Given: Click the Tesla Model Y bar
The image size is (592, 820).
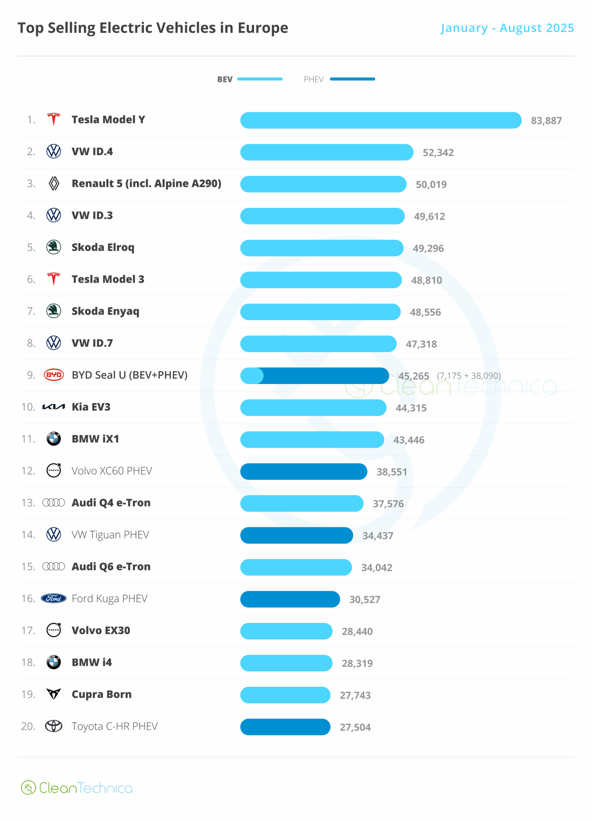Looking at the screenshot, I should pyautogui.click(x=381, y=120).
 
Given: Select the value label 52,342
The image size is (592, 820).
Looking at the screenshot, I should pyautogui.click(x=438, y=152).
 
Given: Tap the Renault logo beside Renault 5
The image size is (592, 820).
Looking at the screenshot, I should pyautogui.click(x=54, y=183).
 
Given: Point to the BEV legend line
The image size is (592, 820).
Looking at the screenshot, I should pyautogui.click(x=259, y=79).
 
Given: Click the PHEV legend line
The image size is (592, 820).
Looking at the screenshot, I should pyautogui.click(x=353, y=79).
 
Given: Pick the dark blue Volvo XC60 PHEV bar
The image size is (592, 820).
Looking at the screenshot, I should pyautogui.click(x=304, y=471).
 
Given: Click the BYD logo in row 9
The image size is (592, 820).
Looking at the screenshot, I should pyautogui.click(x=54, y=375).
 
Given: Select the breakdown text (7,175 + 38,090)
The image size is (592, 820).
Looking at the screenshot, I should pyautogui.click(x=469, y=376).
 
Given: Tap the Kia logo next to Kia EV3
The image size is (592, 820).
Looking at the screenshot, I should pyautogui.click(x=54, y=407).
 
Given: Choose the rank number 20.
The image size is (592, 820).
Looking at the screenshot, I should pyautogui.click(x=28, y=726).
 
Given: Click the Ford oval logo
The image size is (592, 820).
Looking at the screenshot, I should pyautogui.click(x=54, y=598).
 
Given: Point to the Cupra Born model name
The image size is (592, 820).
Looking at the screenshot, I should pyautogui.click(x=101, y=694).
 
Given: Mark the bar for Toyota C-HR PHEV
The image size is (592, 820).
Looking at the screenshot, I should pyautogui.click(x=285, y=727).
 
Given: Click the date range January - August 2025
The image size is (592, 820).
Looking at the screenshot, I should pyautogui.click(x=507, y=28).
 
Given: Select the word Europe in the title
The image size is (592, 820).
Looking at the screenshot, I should pyautogui.click(x=263, y=28).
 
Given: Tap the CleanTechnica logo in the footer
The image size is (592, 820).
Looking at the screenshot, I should pyautogui.click(x=77, y=788).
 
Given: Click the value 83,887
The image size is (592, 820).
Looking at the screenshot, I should pyautogui.click(x=546, y=121).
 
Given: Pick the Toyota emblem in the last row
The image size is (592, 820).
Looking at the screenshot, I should pyautogui.click(x=54, y=726).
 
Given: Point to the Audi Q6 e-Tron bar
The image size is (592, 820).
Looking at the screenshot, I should pyautogui.click(x=296, y=567).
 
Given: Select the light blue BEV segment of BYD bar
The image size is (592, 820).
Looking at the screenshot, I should pyautogui.click(x=252, y=376).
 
